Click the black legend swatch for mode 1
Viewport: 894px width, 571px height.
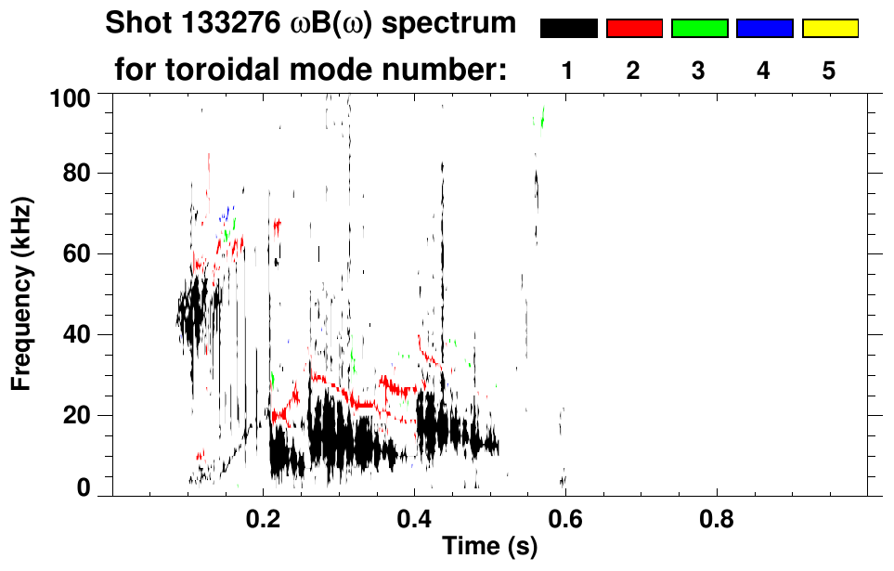[568, 29]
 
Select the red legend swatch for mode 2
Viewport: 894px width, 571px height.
[634, 29]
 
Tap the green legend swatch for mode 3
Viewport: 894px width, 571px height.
[699, 29]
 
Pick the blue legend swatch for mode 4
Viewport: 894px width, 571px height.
[764, 29]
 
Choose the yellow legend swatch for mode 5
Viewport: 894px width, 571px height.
[829, 29]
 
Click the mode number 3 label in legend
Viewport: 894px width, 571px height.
[699, 71]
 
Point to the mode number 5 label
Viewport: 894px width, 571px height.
[829, 71]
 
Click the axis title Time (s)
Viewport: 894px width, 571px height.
[489, 547]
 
